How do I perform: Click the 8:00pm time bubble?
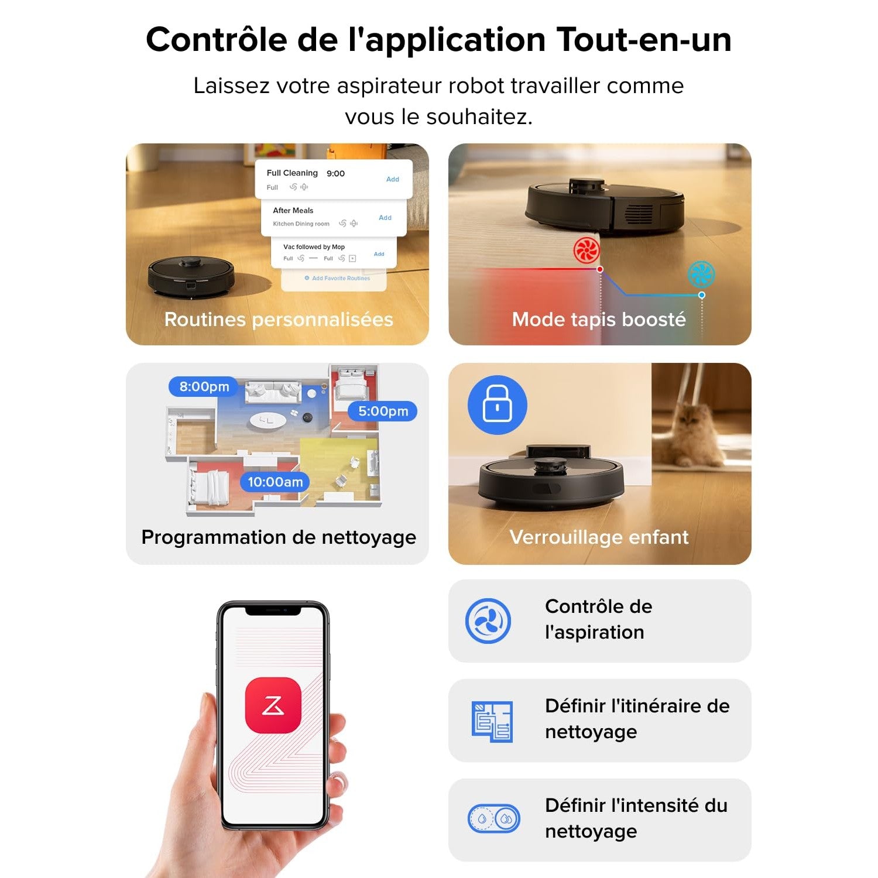(x=204, y=387)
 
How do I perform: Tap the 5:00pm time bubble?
(x=383, y=411)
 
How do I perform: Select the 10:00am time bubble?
(x=275, y=482)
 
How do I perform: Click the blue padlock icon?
(x=497, y=405)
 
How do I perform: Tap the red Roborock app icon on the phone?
(x=273, y=705)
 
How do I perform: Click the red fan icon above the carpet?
(x=586, y=251)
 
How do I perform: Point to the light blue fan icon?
(x=701, y=274)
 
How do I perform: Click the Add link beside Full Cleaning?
(x=392, y=179)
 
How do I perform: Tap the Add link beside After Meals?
(x=385, y=218)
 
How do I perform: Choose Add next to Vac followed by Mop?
(x=379, y=254)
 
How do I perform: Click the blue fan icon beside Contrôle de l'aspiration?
(x=488, y=621)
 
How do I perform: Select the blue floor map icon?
(x=492, y=721)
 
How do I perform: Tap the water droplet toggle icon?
(x=494, y=819)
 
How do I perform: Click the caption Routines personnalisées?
(x=279, y=320)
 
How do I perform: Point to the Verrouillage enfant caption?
(x=599, y=537)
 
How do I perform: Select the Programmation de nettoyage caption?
(x=279, y=537)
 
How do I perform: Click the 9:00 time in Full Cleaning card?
(x=335, y=173)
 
